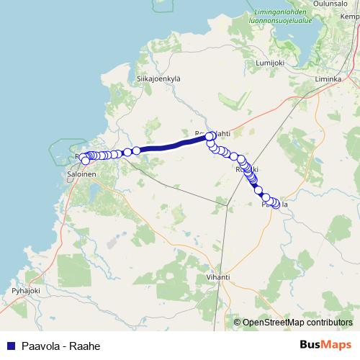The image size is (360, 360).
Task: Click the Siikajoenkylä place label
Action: point(158,78)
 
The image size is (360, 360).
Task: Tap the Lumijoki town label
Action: point(271,63)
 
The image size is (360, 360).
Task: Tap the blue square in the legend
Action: point(11,346)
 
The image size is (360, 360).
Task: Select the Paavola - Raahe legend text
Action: point(60,346)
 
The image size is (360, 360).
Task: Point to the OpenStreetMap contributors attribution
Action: point(297,323)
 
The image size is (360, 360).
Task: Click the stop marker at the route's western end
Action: point(85,160)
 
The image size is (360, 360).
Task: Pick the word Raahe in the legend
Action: point(84,346)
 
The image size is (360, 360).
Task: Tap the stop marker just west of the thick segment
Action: point(136,150)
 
